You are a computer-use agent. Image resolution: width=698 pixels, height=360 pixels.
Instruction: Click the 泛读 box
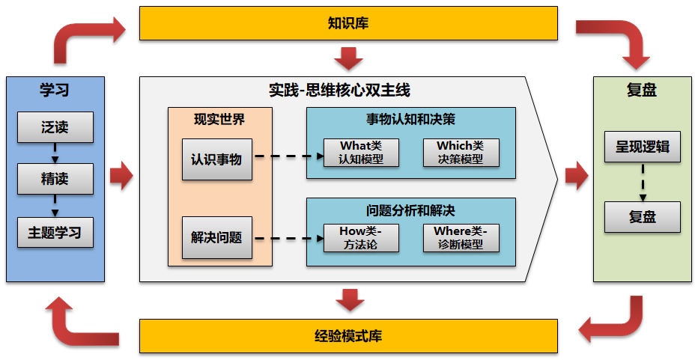click(55, 127)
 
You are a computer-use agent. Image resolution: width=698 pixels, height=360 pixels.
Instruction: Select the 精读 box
click(55, 179)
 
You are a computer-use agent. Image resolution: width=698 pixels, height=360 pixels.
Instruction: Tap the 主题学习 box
click(55, 232)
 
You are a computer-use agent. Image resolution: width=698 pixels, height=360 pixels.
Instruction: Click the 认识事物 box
click(216, 159)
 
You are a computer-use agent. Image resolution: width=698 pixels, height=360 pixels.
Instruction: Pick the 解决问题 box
click(216, 237)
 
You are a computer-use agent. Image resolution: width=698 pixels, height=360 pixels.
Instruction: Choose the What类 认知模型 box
click(361, 153)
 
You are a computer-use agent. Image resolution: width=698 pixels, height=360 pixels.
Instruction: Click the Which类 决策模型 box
click(461, 153)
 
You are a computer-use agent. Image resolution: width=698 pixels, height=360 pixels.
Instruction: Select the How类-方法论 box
click(361, 238)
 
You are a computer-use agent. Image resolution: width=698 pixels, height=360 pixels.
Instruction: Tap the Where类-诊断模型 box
click(461, 238)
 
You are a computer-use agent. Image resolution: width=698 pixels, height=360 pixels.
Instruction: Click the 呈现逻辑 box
click(642, 147)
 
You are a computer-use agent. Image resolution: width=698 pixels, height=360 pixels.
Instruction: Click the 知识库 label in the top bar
click(348, 23)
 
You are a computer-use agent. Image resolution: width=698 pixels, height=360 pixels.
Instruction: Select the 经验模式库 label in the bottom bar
click(348, 335)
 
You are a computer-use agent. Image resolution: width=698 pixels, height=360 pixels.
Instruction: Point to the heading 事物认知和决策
click(410, 118)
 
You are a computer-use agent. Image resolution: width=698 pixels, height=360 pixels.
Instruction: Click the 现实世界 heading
click(219, 119)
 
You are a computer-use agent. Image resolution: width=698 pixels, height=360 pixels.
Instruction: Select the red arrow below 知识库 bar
click(349, 58)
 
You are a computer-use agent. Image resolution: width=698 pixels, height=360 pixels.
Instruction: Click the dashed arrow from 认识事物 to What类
click(288, 157)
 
